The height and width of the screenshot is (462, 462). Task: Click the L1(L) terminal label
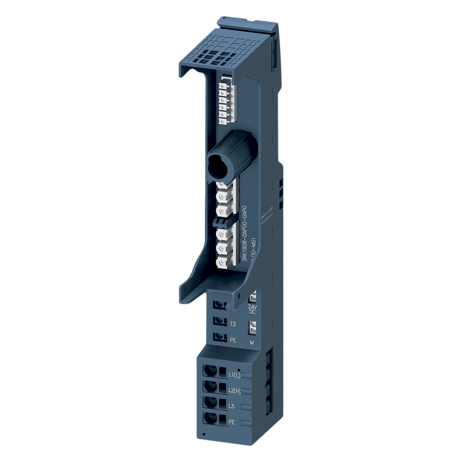tap(235, 374)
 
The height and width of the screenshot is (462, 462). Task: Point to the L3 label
tap(232, 406)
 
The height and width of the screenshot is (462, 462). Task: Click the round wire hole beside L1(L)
tap(209, 371)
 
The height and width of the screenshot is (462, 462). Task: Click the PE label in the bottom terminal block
tap(232, 422)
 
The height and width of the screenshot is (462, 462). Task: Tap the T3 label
tap(233, 324)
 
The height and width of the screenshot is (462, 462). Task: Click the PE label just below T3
tap(233, 340)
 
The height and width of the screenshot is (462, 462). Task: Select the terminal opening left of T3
tap(220, 320)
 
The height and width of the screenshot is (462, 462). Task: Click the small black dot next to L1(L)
tap(239, 369)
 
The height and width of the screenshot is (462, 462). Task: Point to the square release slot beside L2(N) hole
tap(222, 387)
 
